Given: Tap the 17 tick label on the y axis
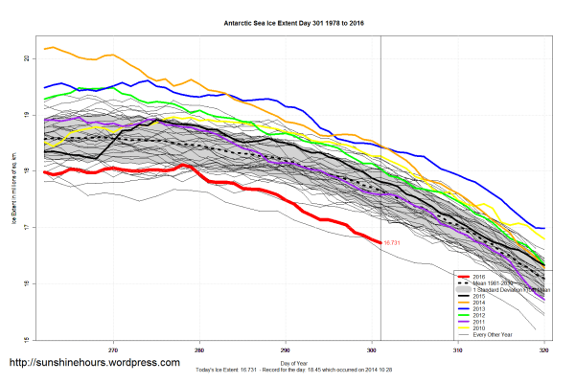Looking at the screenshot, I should click(29, 227).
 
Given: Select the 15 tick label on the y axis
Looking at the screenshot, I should click(29, 339).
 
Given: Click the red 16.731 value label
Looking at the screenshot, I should click(395, 243).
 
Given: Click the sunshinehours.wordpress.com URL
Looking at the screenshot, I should click(94, 363).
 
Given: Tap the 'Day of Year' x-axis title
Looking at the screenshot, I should click(293, 364).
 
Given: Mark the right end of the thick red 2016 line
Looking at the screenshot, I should click(380, 242).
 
